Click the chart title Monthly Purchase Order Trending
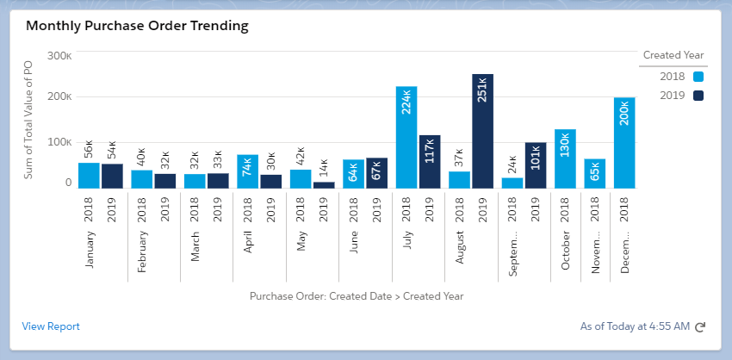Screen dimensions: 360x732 coord(137,26)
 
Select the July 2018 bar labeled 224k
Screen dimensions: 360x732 coord(406,137)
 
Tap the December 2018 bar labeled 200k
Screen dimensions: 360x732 coord(624,142)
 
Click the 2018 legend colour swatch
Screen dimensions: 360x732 coord(698,77)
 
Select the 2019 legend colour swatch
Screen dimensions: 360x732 coord(698,95)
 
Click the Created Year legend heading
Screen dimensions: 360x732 coord(673,55)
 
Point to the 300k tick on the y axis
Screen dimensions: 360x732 coord(59,55)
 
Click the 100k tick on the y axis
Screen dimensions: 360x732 coord(59,140)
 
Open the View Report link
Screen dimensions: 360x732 coord(51,326)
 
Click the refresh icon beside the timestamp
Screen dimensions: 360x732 coord(700,327)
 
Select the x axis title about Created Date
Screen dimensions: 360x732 coord(357,296)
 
